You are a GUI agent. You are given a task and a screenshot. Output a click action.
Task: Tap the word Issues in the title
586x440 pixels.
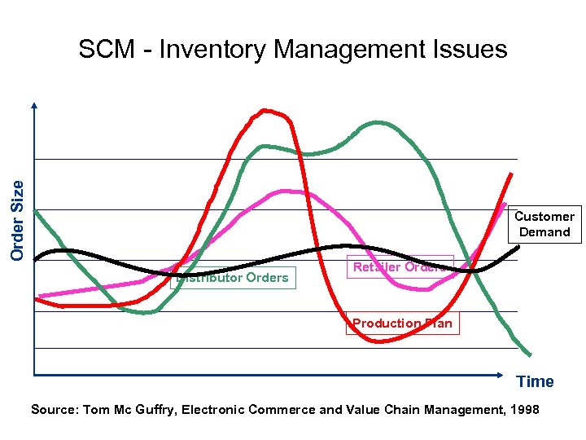click(x=471, y=51)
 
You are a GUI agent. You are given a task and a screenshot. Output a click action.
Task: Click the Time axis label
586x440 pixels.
click(x=535, y=381)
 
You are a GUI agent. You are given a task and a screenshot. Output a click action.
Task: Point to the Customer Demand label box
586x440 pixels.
click(x=544, y=224)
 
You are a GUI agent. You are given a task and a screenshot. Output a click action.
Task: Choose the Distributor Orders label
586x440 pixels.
click(x=234, y=278)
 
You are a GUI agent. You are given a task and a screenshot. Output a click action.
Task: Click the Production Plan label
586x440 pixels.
click(x=402, y=323)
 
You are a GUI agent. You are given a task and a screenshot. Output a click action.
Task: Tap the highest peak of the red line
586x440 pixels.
click(x=265, y=110)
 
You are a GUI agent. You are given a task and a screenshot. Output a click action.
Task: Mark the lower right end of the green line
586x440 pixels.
click(x=530, y=354)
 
